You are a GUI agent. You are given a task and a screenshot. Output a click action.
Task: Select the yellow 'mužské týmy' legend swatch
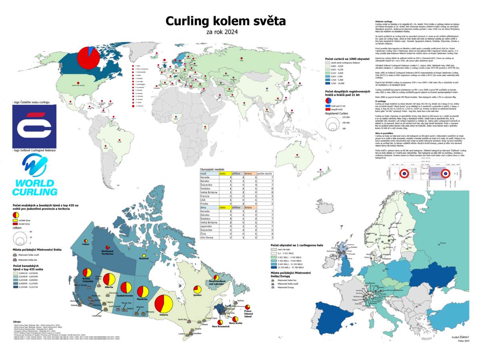click(x=15, y=220)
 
